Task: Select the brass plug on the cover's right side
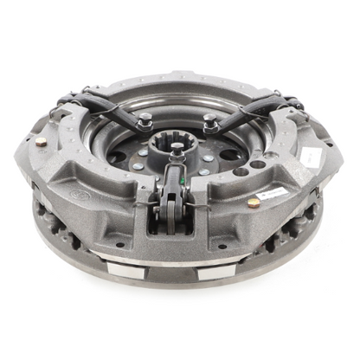[253, 202]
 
